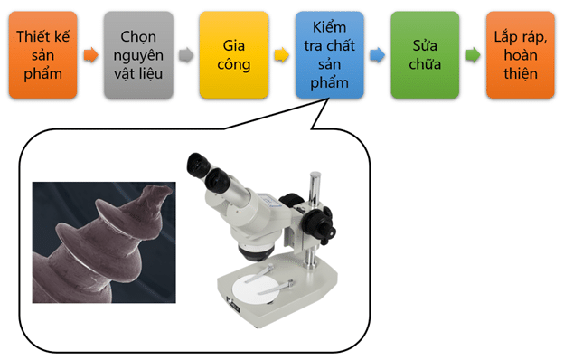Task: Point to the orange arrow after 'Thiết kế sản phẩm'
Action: (x=90, y=55)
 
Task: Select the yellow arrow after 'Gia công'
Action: (x=281, y=55)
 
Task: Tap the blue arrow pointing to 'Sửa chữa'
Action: (x=376, y=55)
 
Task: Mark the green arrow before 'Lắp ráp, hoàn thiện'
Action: (x=472, y=55)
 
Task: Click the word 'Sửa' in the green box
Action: (x=424, y=44)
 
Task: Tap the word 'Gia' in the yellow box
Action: (x=234, y=44)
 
